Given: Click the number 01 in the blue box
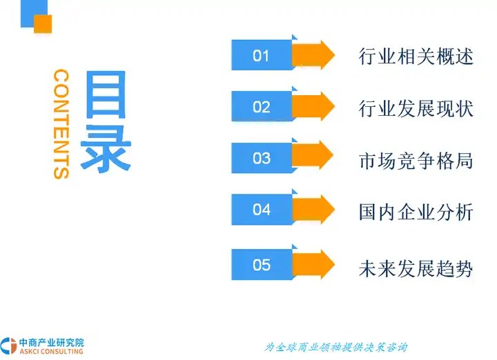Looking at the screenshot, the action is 261,56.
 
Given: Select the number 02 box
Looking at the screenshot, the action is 262,107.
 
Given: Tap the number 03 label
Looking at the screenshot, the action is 262,158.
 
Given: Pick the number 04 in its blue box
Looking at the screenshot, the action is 262,209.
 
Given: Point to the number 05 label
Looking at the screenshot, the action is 262,264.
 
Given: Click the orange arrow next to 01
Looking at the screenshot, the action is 313,54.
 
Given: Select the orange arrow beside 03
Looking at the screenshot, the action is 313,155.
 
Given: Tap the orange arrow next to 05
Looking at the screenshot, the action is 313,264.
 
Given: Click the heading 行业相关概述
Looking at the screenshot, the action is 416,57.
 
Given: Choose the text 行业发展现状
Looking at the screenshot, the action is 416,108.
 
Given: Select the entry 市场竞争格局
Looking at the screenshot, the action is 416,161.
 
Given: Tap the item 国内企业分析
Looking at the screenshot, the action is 416,212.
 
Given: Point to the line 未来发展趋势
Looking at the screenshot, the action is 416,269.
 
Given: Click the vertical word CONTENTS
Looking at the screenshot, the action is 61,124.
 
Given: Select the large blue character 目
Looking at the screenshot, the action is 106,94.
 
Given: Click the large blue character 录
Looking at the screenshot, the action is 106,148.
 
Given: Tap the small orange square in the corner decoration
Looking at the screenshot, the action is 43,23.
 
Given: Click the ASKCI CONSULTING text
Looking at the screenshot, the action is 51,351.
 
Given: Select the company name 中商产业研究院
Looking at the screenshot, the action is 52,342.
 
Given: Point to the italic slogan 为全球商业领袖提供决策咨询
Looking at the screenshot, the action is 335,348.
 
